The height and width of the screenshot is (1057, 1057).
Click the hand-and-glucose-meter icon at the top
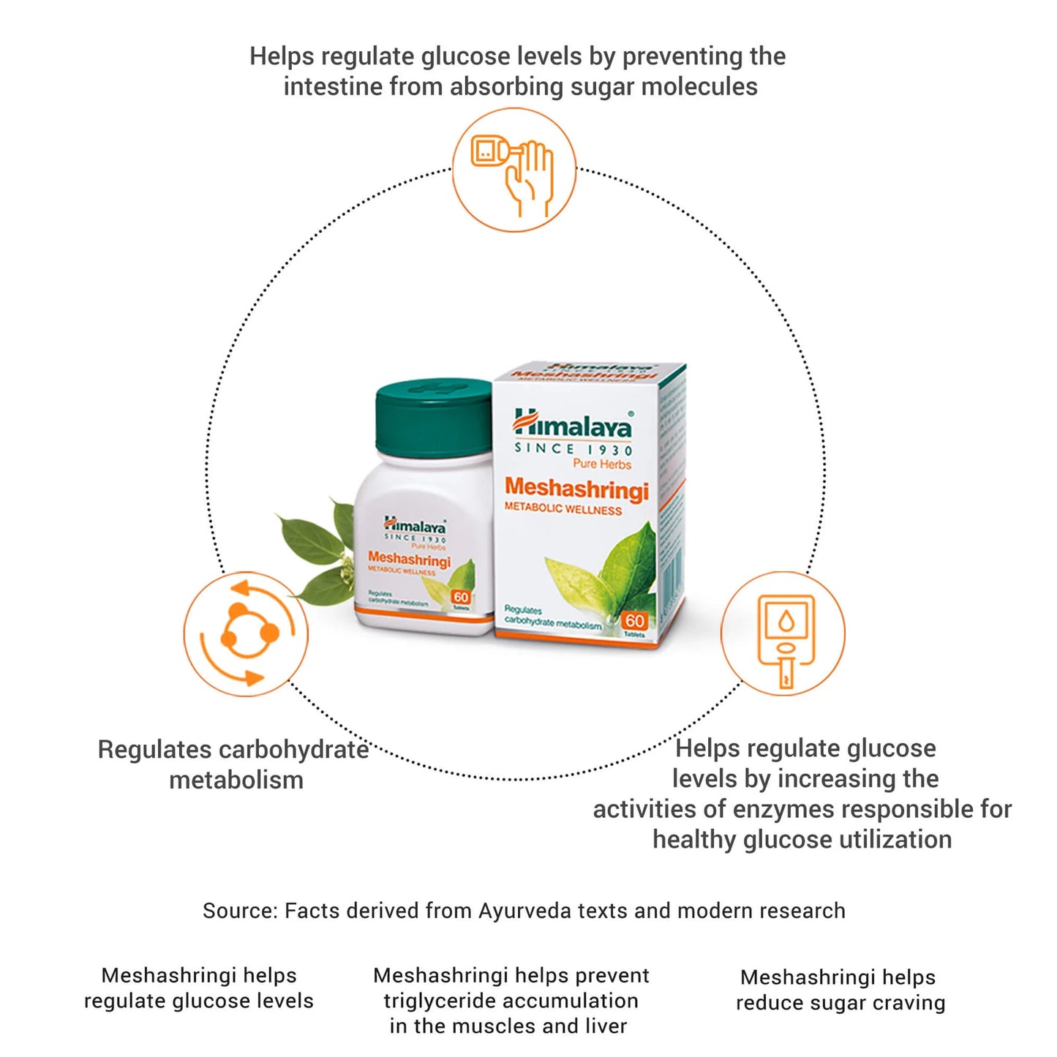coord(514,170)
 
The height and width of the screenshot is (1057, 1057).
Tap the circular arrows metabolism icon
coord(246,634)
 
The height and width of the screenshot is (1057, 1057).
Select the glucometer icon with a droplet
coord(783,634)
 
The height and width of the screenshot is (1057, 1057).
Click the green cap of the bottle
coord(433,417)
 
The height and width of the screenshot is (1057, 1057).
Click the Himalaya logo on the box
coord(573,424)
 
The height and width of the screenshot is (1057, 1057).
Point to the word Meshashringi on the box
coord(576,488)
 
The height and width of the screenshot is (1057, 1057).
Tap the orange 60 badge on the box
coord(634,621)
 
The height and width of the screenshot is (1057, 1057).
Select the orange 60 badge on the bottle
coord(461,597)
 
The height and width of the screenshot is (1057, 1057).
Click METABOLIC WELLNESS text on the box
coord(563,508)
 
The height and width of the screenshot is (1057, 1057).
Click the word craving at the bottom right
coord(912,1003)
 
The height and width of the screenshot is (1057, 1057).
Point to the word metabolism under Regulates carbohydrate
coord(236,780)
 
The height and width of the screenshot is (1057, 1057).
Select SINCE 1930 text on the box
coord(573,449)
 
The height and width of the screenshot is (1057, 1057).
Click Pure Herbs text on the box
coord(601,464)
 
